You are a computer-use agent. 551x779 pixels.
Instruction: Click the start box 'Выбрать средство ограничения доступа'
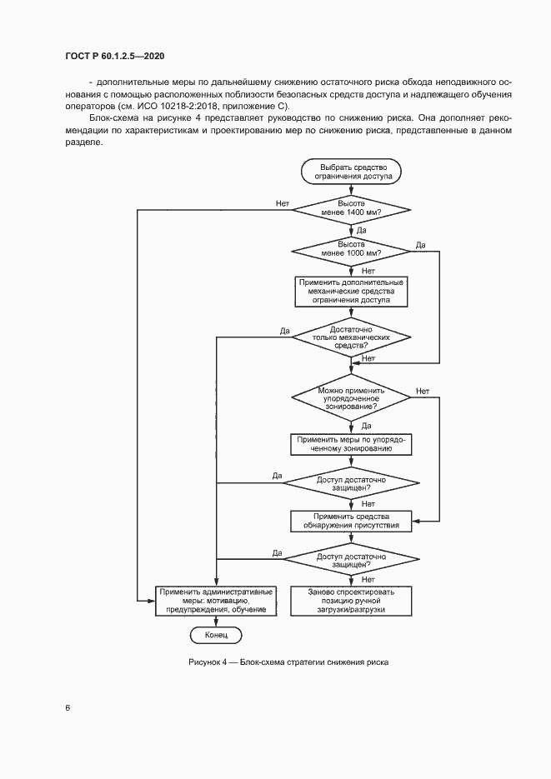point(351,172)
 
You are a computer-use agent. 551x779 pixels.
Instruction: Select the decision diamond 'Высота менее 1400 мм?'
point(351,208)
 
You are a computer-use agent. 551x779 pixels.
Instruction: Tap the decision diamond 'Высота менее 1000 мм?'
point(351,248)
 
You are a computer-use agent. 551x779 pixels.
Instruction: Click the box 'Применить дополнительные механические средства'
point(351,292)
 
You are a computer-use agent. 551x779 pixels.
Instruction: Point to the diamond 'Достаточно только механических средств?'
point(351,337)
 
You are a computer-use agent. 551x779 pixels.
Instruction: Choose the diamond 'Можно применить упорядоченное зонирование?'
point(351,397)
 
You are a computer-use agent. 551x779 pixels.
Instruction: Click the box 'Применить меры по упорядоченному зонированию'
point(351,444)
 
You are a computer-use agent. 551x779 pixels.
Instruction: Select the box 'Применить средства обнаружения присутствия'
point(351,521)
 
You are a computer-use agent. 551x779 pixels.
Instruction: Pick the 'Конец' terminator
point(216,636)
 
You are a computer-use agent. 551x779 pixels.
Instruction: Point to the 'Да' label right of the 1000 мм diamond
point(420,244)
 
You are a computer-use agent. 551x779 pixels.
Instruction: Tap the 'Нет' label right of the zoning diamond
point(422,391)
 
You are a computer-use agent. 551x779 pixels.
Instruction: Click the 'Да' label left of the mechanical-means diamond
point(284,332)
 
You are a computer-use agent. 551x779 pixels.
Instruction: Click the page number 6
point(68,709)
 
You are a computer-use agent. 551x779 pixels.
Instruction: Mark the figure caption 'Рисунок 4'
point(208,663)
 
